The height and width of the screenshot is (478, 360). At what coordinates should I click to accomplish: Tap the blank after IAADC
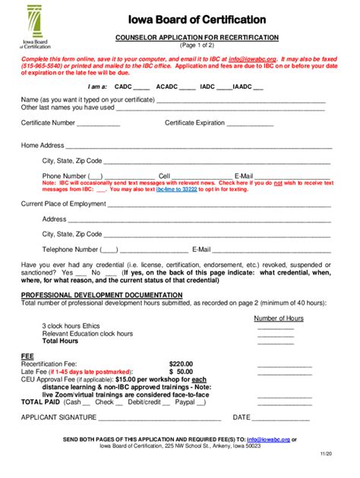pyautogui.click(x=258, y=87)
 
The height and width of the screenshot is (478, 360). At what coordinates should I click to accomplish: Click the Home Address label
pyautogui.click(x=43, y=144)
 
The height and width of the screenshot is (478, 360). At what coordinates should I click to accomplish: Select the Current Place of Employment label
pyautogui.click(x=63, y=203)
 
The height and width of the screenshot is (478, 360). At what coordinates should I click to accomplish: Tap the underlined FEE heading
pyautogui.click(x=27, y=356)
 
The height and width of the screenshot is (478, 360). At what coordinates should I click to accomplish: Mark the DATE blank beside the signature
pyautogui.click(x=281, y=417)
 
